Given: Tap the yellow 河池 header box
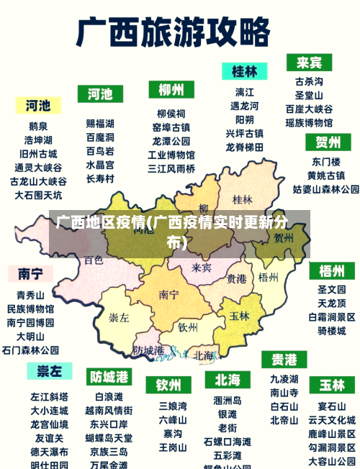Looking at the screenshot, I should click(x=38, y=106).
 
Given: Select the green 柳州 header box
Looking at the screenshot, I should click(x=171, y=90).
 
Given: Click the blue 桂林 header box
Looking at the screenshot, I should click(x=244, y=71).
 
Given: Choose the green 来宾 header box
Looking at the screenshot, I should click(x=309, y=62).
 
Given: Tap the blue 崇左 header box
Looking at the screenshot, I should click(x=50, y=370).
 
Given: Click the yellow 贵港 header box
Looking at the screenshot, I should click(x=284, y=358).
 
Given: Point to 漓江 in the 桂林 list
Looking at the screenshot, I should click(x=244, y=92).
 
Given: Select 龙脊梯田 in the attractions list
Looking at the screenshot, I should click(x=244, y=147).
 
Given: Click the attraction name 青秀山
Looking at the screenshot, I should click(x=30, y=295).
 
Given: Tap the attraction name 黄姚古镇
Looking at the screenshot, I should click(x=325, y=176).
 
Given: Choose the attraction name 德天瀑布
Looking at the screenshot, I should click(x=49, y=451).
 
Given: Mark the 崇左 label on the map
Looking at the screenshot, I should click(x=119, y=317).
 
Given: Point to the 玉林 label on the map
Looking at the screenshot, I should click(x=239, y=315).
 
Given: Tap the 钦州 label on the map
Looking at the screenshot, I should click(x=187, y=327).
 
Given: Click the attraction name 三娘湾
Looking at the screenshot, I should click(x=173, y=406).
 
